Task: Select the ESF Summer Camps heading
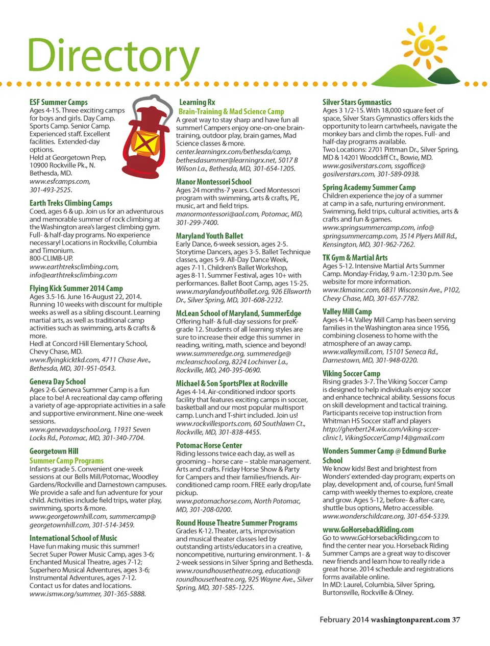[x=59, y=102]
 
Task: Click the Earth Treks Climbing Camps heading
[x=71, y=203]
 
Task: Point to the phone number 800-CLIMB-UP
[x=51, y=258]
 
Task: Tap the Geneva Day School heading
[x=58, y=381]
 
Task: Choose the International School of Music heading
[x=73, y=538]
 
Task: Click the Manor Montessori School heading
[x=214, y=182]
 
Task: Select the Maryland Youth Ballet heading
[x=210, y=236]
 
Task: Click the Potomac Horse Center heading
[x=209, y=445]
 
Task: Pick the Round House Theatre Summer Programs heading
[x=237, y=523]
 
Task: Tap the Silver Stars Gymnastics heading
[x=357, y=102]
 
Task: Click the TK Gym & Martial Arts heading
[x=355, y=258]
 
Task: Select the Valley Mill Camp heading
[x=347, y=312]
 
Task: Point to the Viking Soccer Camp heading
[x=351, y=373]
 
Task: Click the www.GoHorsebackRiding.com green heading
[x=368, y=530]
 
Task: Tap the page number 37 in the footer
[x=456, y=619]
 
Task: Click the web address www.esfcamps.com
[x=60, y=181]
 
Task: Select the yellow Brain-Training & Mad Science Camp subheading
[x=231, y=111]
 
